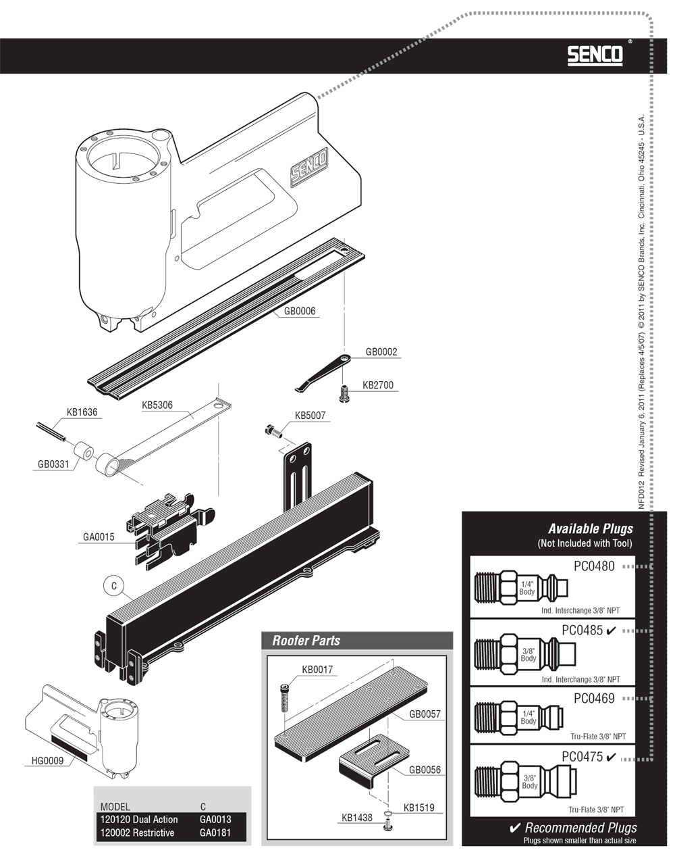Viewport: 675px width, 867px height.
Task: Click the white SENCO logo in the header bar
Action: [595, 55]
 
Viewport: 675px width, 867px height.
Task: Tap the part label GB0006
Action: [300, 311]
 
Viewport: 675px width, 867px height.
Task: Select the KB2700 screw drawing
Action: [344, 393]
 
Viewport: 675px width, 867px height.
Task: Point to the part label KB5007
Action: [310, 416]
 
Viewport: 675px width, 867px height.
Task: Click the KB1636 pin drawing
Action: [51, 432]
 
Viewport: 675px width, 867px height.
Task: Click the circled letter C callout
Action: [114, 586]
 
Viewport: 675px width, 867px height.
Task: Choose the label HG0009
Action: [47, 760]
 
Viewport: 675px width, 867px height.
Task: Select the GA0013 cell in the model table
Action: [215, 819]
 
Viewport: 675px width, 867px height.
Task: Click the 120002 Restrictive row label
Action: [137, 833]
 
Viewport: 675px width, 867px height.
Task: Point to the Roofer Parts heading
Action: [306, 641]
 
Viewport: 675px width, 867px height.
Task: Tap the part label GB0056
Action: [425, 770]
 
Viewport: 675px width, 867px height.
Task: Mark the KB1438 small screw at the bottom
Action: [387, 825]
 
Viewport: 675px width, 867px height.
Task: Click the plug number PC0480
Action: [594, 566]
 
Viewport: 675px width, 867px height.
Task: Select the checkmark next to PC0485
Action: [610, 630]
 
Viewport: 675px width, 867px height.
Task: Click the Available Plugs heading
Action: [591, 528]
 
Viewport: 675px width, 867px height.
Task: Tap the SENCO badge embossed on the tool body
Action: [309, 166]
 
